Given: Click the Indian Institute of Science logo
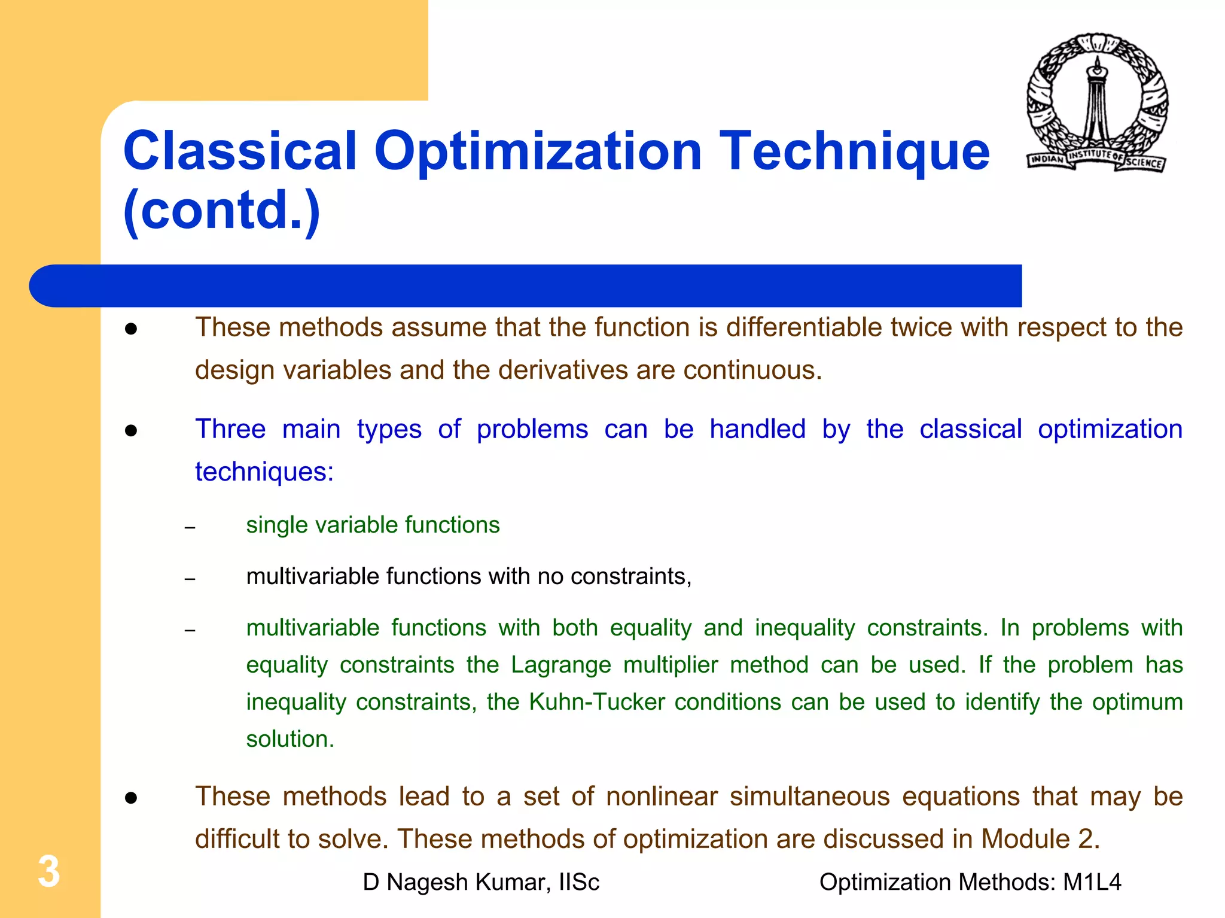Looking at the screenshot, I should (x=1097, y=103).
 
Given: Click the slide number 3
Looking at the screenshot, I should (x=48, y=871).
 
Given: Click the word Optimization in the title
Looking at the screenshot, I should (x=537, y=151).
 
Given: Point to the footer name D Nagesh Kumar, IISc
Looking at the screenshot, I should (x=481, y=882).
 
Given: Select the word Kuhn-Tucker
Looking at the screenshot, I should (x=597, y=702).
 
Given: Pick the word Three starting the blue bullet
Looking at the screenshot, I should (x=230, y=429).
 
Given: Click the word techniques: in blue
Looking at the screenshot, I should (x=264, y=472).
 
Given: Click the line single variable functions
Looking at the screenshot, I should (x=373, y=525).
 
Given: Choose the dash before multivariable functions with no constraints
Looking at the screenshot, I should (x=190, y=579).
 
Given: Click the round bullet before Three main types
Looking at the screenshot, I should (x=132, y=431).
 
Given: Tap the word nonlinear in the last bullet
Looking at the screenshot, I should (x=662, y=797).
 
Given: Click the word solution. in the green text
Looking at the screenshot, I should (x=290, y=739).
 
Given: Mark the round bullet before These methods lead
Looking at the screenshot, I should (x=132, y=798).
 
